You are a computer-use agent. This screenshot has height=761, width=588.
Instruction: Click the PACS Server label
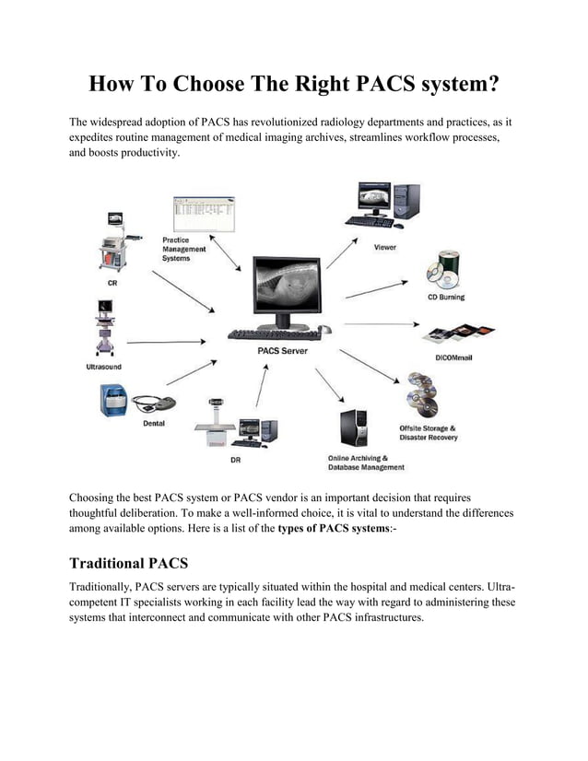[283, 351]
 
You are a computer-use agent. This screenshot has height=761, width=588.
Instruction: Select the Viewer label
[385, 248]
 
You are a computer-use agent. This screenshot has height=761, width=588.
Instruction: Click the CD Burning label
[445, 298]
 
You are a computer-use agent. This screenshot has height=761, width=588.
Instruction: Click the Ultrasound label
[98, 367]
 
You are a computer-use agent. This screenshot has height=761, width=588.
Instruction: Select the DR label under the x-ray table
[237, 460]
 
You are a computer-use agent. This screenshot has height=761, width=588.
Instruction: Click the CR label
[112, 284]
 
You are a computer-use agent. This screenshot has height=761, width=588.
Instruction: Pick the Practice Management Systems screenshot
[204, 215]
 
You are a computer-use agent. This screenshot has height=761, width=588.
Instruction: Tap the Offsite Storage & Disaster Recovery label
[428, 433]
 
